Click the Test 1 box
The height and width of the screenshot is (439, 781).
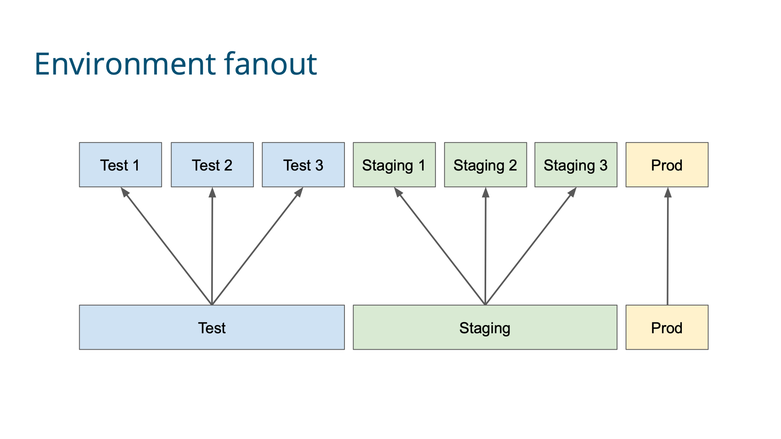pyautogui.click(x=120, y=165)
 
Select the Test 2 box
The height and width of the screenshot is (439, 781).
pyautogui.click(x=212, y=165)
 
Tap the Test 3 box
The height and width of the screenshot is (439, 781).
pyautogui.click(x=303, y=165)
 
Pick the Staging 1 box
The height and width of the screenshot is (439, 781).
pyautogui.click(x=394, y=165)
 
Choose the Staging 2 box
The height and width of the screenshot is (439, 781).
pyautogui.click(x=485, y=165)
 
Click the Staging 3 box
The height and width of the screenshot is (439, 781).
pyautogui.click(x=576, y=165)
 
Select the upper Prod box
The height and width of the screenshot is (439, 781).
pyautogui.click(x=667, y=165)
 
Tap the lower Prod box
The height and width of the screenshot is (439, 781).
pyautogui.click(x=667, y=327)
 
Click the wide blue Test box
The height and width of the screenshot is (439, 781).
pyautogui.click(x=212, y=327)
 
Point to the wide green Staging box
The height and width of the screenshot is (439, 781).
pyautogui.click(x=485, y=327)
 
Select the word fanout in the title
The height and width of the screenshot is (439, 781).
pyautogui.click(x=271, y=64)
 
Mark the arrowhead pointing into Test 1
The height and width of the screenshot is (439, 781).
pyautogui.click(x=125, y=192)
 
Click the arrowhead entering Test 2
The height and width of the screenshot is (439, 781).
pyautogui.click(x=212, y=192)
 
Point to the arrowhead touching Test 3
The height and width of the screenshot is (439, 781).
pyautogui.click(x=299, y=192)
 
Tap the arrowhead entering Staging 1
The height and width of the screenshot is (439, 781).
pyautogui.click(x=398, y=192)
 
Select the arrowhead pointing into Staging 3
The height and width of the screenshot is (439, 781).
pyautogui.click(x=572, y=192)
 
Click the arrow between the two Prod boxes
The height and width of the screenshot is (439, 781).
pyautogui.click(x=668, y=246)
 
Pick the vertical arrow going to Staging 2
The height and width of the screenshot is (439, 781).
pyautogui.click(x=485, y=246)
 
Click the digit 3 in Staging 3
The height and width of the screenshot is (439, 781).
pyautogui.click(x=604, y=165)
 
